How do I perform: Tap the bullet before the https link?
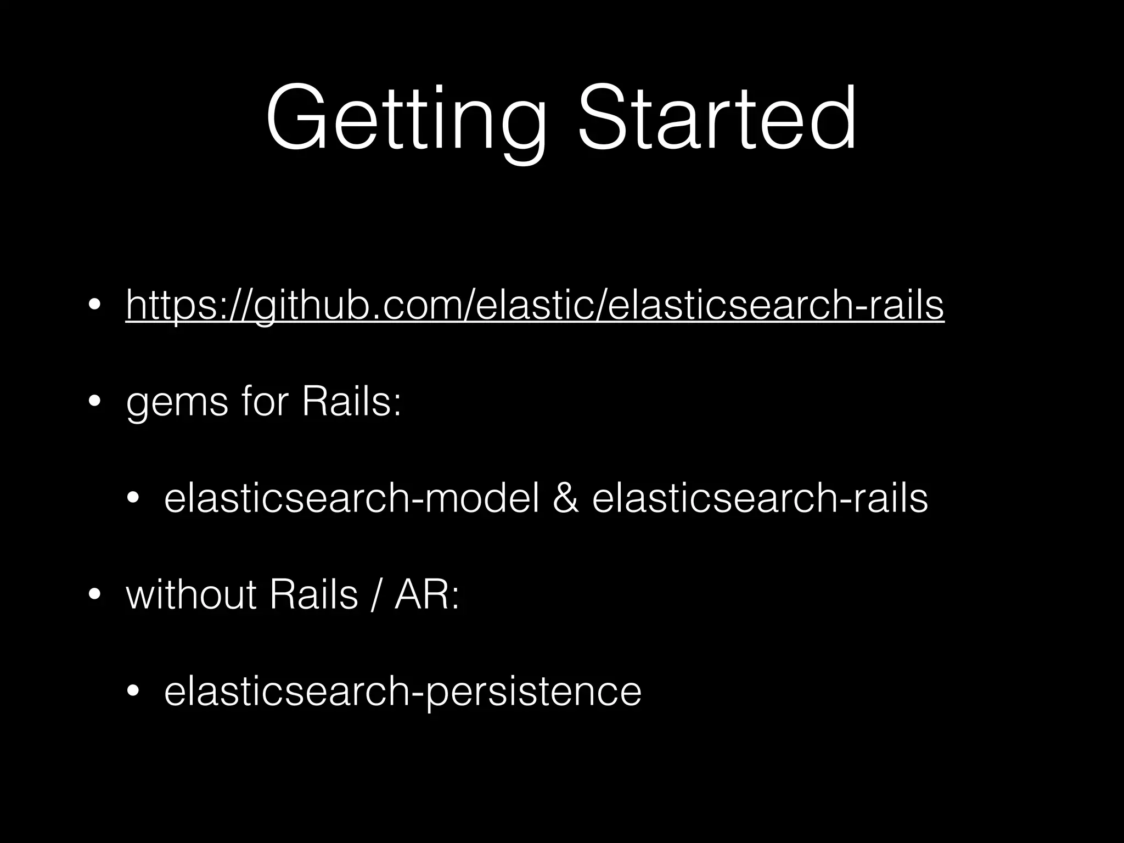pyautogui.click(x=95, y=305)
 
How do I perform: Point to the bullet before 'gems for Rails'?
pyautogui.click(x=95, y=402)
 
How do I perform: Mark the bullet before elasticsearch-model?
pyautogui.click(x=133, y=499)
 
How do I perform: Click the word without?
pyautogui.click(x=191, y=595)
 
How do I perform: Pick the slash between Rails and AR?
pyautogui.click(x=375, y=595)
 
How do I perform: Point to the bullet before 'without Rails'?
pyautogui.click(x=95, y=596)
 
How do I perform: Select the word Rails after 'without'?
pyautogui.click(x=313, y=595)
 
